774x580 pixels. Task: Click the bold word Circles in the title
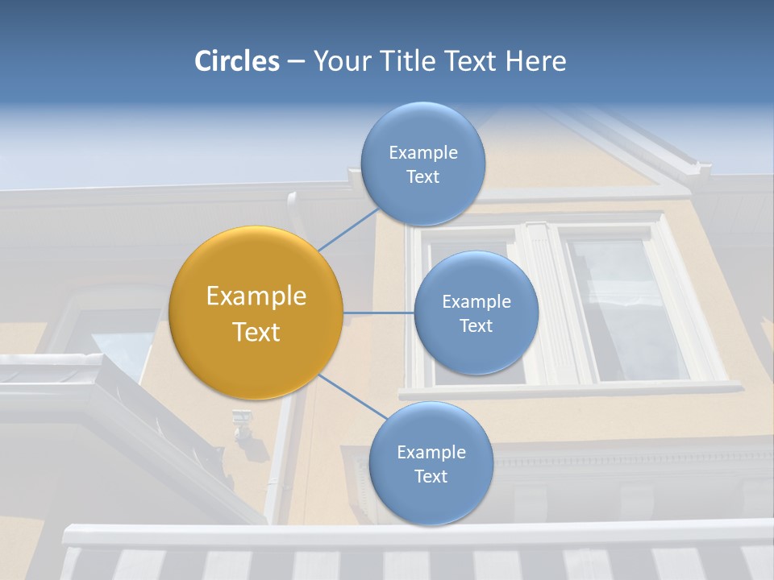pyautogui.click(x=237, y=61)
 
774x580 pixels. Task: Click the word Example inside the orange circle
pyautogui.click(x=256, y=296)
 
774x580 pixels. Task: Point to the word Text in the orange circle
pyautogui.click(x=256, y=332)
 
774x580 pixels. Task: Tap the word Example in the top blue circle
pyautogui.click(x=422, y=152)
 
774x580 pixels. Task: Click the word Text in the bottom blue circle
pyautogui.click(x=431, y=476)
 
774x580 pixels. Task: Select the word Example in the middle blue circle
pyautogui.click(x=476, y=301)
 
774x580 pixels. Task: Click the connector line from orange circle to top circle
pyautogui.click(x=348, y=230)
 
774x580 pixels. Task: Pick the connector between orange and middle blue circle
pyautogui.click(x=378, y=313)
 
